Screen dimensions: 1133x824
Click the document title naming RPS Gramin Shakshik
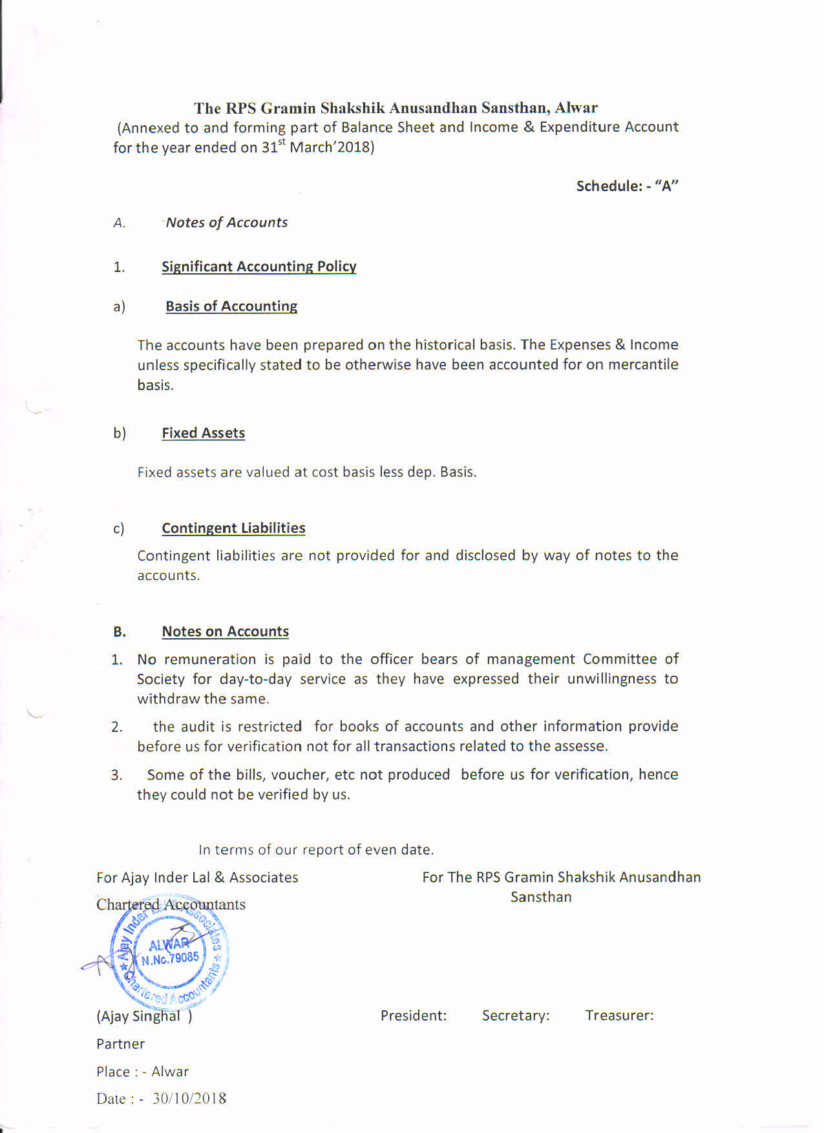396,108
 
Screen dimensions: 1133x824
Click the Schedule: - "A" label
627,186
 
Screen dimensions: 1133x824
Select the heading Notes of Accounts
226,222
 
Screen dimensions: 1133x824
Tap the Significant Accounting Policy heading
259,266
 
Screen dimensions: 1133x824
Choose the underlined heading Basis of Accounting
231,306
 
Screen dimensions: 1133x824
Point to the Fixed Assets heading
203,433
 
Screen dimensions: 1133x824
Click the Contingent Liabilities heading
233,528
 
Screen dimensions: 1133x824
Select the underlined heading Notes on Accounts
225,631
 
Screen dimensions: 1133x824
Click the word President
413,1015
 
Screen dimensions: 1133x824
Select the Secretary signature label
516,1015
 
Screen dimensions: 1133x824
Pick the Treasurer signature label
619,1015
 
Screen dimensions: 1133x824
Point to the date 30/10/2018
189,1099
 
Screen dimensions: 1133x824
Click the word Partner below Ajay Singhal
120,1044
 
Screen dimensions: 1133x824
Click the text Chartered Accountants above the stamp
171,904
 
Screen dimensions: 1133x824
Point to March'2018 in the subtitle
332,147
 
